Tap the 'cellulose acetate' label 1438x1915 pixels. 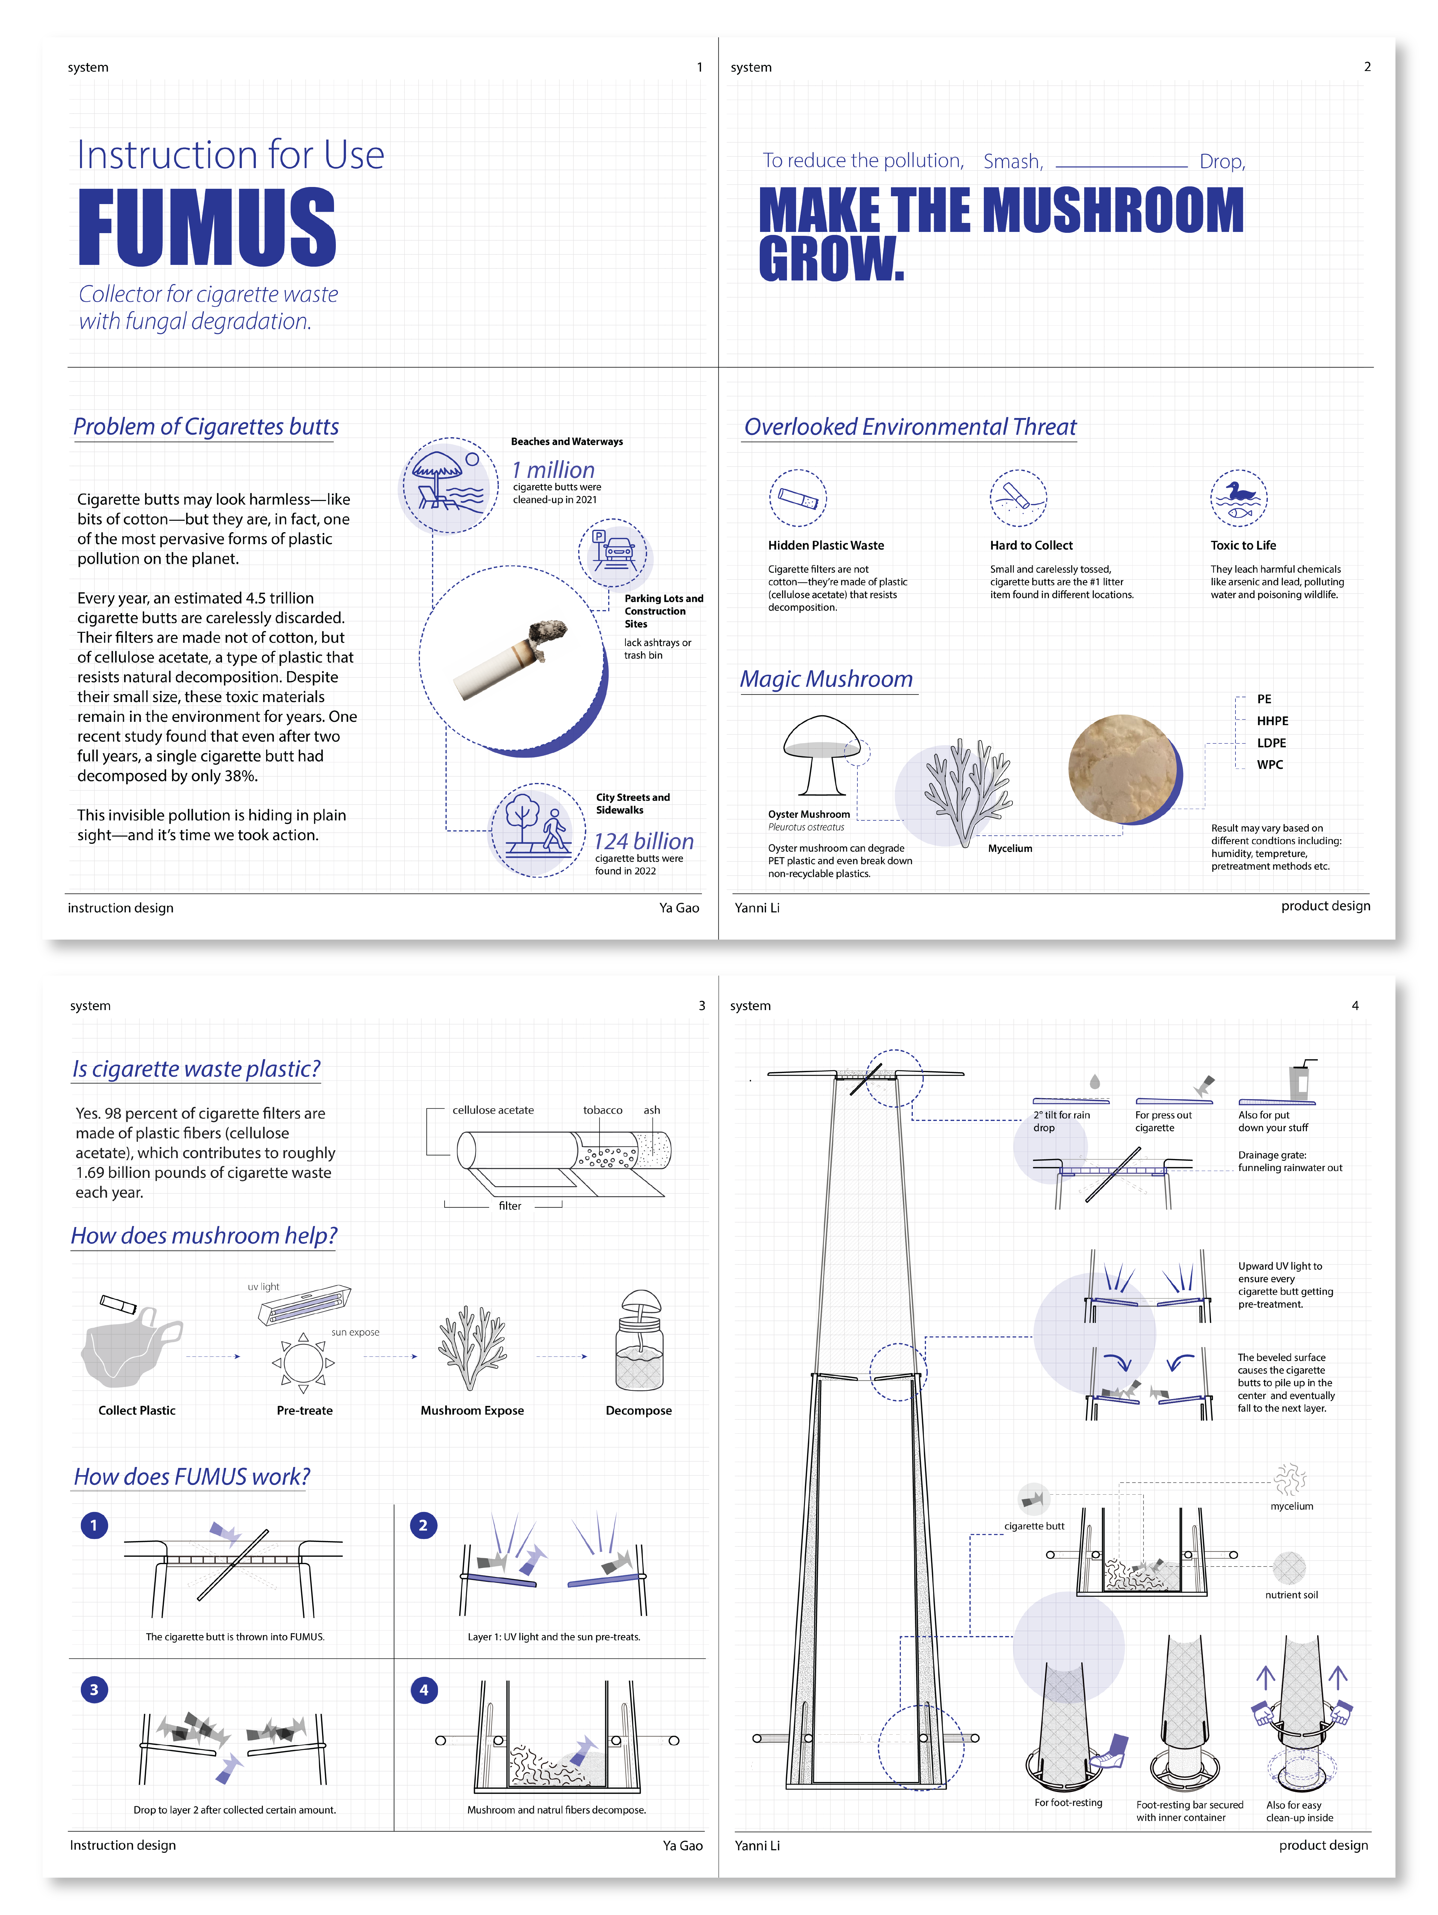493,1110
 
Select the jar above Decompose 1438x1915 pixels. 639,1342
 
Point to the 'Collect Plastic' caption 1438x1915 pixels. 137,1410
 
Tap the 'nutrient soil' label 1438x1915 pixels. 1291,1595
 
